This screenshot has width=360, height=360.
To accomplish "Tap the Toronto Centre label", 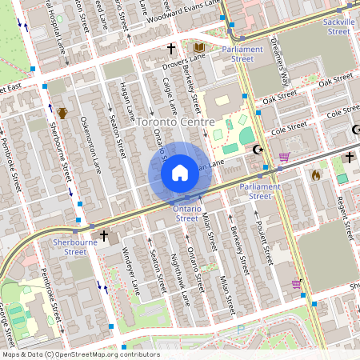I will point(175,122).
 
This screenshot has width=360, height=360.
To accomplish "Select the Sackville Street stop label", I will point(338,26).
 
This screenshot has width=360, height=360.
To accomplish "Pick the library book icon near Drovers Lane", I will point(199,48).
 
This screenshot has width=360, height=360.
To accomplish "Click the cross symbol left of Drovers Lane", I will point(170,49).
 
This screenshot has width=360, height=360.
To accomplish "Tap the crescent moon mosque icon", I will point(258,149).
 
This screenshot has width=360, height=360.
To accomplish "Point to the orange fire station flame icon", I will point(315,174).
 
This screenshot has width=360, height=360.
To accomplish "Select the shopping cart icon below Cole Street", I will point(283,157).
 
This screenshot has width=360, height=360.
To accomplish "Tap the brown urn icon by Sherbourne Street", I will point(62,113).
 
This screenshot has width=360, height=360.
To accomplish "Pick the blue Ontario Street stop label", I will point(186,213).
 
